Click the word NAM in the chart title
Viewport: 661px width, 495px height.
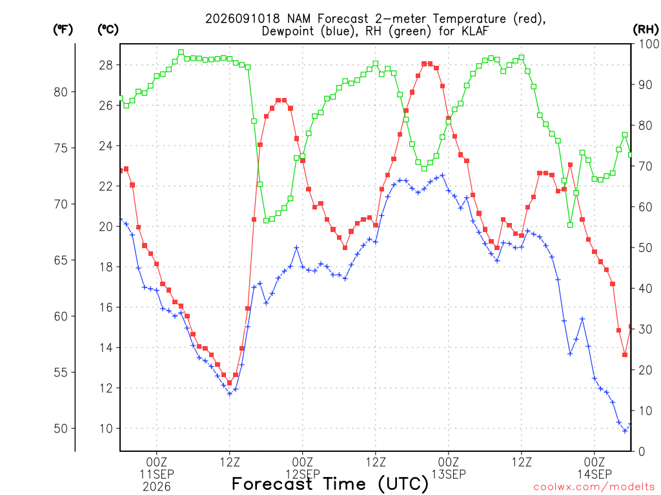tap(299, 19)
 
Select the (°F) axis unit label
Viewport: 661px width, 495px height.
tap(63, 30)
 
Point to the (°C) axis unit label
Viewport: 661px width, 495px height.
tap(108, 30)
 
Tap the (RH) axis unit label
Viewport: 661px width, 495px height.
tap(646, 30)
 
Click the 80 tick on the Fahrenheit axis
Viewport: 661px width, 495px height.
tap(61, 92)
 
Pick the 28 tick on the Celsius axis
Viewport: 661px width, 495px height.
tap(106, 65)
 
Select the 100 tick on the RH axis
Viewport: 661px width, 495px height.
tap(649, 44)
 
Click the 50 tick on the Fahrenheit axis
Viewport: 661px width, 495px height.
tap(61, 429)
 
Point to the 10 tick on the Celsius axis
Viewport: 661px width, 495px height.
tap(106, 429)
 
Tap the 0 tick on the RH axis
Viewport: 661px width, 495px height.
tap(642, 451)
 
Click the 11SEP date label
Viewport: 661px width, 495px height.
tap(157, 474)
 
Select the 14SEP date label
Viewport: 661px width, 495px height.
tap(595, 474)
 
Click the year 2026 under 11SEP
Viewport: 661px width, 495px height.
tap(157, 487)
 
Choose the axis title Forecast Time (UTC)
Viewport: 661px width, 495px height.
tap(330, 484)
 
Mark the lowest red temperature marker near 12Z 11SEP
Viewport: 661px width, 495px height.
tap(230, 383)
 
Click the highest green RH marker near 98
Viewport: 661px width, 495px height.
tap(181, 53)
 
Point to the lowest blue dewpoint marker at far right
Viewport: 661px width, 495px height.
tap(625, 431)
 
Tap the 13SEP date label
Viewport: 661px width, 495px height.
tap(449, 474)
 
